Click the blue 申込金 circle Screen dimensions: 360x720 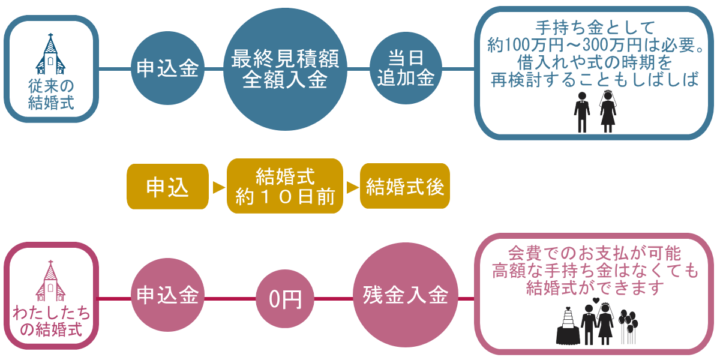point(167,68)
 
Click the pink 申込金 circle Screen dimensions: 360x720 point(167,296)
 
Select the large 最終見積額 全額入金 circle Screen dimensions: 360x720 point(285,69)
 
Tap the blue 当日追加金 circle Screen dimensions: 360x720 point(406,68)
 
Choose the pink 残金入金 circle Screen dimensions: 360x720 point(406,296)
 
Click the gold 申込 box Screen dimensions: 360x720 point(167,187)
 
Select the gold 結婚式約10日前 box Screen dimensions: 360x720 point(285,187)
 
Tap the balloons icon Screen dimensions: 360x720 point(628,325)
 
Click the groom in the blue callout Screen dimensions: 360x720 point(581,112)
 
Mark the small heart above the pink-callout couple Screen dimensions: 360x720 point(595,301)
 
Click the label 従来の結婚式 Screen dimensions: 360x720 point(51,94)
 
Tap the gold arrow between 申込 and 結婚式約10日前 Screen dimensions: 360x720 point(218,187)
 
